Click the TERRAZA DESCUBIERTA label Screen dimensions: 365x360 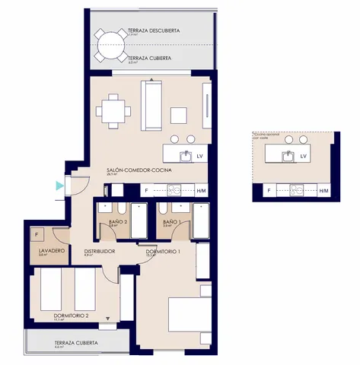(x=154, y=30)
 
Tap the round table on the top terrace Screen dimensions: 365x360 (x=113, y=45)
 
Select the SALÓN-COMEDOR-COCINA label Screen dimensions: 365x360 (x=139, y=170)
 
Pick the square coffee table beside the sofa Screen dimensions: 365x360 (x=178, y=115)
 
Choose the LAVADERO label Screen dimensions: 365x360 (x=50, y=250)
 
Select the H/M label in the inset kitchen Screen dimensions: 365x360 (x=323, y=190)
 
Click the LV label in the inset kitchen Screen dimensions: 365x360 (x=304, y=156)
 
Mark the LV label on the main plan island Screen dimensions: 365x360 (x=200, y=157)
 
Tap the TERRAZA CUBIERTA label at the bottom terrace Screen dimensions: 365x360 (x=76, y=343)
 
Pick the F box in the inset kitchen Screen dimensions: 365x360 (x=268, y=190)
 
